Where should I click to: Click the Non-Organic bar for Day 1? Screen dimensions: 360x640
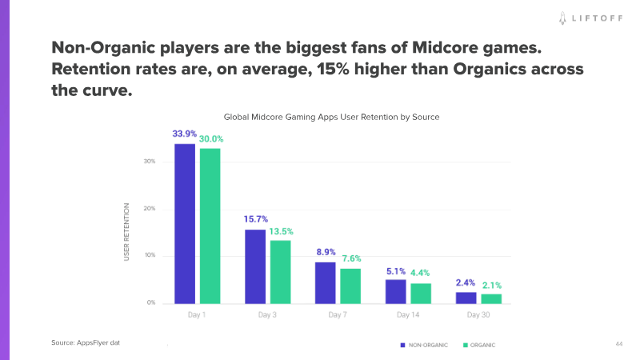[x=185, y=223]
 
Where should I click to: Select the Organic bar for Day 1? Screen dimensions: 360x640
[x=210, y=226]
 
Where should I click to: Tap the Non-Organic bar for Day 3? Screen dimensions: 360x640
[x=255, y=266]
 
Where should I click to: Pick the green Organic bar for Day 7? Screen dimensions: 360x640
[x=350, y=286]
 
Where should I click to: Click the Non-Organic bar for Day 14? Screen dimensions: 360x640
[x=395, y=291]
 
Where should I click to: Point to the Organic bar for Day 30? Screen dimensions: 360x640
[x=491, y=298]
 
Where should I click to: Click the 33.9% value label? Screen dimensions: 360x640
[x=185, y=134]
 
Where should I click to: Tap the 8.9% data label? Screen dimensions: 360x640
[x=326, y=252]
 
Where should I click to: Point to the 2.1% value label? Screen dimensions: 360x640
[x=492, y=286]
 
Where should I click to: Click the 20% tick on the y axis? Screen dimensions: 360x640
[x=150, y=209]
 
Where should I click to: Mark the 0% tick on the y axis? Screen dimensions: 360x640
[x=150, y=303]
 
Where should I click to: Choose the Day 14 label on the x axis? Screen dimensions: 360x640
[x=408, y=315]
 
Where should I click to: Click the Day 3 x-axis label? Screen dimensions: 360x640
[x=267, y=315]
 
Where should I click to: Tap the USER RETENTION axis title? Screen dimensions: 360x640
[x=126, y=233]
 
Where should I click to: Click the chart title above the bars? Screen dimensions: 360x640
[x=331, y=117]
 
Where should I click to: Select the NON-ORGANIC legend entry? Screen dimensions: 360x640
[x=424, y=345]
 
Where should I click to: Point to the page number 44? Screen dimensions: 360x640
[x=619, y=344]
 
